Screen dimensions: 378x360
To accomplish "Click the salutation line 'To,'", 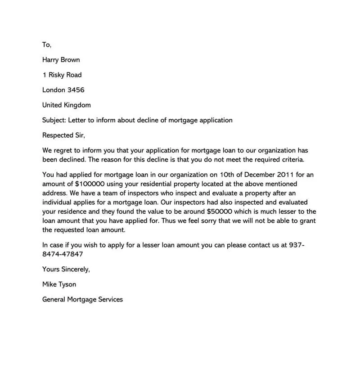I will click(47, 45).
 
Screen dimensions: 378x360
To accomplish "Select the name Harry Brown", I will click(61, 60).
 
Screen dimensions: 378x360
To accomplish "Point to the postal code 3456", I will click(76, 90).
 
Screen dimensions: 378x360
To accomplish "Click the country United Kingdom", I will click(66, 105).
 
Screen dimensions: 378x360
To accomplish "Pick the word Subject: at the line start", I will click(54, 120).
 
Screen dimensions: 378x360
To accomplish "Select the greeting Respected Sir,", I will click(63, 135).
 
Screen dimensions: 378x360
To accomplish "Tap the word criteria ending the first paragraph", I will click(292, 159).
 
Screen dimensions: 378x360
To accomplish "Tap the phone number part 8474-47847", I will click(63, 254).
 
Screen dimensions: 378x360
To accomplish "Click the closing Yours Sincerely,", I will click(66, 269).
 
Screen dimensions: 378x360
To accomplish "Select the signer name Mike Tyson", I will click(59, 284).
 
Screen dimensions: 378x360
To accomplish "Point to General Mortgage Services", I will click(82, 299).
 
